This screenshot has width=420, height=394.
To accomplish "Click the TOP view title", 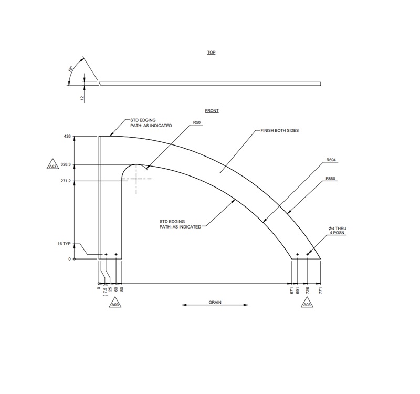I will pyautogui.click(x=211, y=53).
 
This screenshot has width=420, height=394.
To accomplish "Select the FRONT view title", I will pyautogui.click(x=212, y=111).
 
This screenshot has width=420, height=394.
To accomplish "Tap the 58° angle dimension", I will pyautogui.click(x=70, y=69).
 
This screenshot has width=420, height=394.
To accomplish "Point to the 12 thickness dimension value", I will pyautogui.click(x=82, y=98).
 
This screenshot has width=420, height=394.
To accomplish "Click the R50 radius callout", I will pyautogui.click(x=197, y=122).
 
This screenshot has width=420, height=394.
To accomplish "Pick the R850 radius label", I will pyautogui.click(x=330, y=179).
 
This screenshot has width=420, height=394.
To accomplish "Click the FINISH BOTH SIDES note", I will pyautogui.click(x=279, y=130).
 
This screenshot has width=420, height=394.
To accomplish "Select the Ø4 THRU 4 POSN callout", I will pyautogui.click(x=338, y=230).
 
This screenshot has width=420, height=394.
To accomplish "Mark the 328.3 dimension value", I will pyautogui.click(x=66, y=164).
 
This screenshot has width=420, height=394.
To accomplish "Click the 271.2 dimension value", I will pyautogui.click(x=66, y=181).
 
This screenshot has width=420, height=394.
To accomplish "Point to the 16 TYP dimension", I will pyautogui.click(x=64, y=244).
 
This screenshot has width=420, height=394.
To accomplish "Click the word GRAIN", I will pyautogui.click(x=215, y=303).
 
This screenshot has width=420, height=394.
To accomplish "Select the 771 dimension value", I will pyautogui.click(x=320, y=291).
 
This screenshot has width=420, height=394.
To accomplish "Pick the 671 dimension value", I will pyautogui.click(x=292, y=291).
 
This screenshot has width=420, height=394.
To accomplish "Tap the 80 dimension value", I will pyautogui.click(x=122, y=289).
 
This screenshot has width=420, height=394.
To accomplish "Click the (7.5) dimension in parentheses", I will pyautogui.click(x=106, y=291).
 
